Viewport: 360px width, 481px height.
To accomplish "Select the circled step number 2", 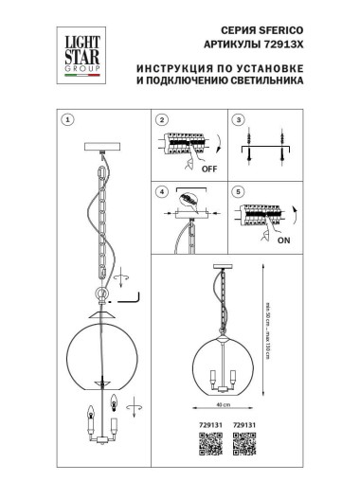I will (162, 121).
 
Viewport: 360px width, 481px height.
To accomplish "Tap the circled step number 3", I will (239, 121).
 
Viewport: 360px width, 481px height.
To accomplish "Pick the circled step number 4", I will (162, 192).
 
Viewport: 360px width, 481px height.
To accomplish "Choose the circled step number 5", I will (239, 192).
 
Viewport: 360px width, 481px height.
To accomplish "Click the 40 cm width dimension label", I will (222, 404).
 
